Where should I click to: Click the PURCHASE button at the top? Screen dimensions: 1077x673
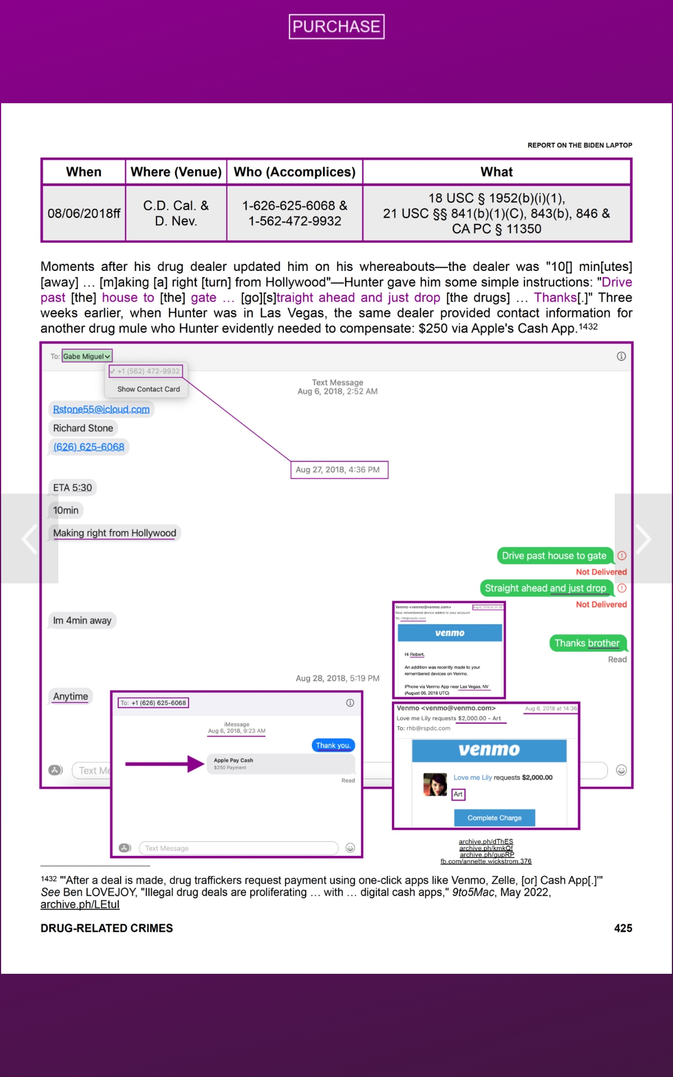coord(336,26)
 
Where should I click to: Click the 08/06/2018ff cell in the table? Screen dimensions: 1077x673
coord(84,214)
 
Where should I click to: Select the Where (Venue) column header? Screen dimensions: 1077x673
coord(176,172)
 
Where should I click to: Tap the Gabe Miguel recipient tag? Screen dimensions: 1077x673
coord(87,356)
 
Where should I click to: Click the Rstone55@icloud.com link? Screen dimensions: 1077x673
coord(101,409)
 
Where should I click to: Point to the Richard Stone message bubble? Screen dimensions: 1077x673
coord(83,428)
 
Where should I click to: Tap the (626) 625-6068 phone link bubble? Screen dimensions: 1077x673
coord(89,447)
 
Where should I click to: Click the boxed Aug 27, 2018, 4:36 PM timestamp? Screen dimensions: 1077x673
coord(338,470)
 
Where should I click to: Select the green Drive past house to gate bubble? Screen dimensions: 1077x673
coord(554,556)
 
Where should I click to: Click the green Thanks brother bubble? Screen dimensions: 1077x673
coord(587,643)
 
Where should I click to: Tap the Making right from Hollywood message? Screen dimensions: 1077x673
coord(114,533)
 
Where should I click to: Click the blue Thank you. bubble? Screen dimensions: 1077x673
coord(333,745)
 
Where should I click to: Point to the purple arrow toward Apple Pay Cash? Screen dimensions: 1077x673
coord(165,764)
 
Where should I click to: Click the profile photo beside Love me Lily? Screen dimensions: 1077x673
coord(435,784)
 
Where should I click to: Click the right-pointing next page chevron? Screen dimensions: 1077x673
coord(643,538)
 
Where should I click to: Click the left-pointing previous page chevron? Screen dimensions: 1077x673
coord(29,538)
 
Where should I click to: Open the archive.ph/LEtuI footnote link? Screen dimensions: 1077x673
coord(80,904)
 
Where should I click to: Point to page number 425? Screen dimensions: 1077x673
coord(623,928)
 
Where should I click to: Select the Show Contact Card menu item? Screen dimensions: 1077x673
coord(149,389)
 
